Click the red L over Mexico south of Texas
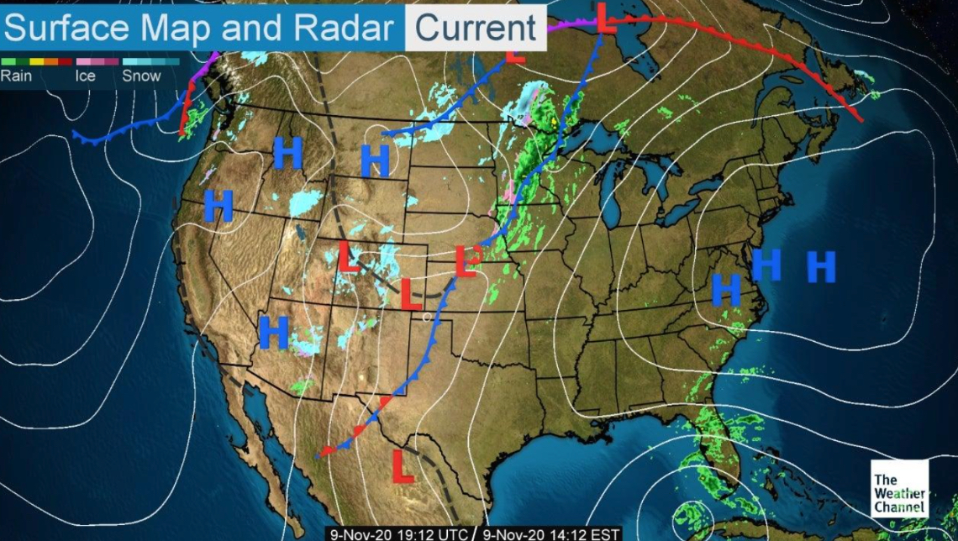403,466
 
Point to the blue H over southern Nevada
274,332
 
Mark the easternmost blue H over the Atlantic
821,266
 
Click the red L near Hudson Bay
605,18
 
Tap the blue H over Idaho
287,153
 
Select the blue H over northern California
218,206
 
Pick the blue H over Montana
375,160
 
